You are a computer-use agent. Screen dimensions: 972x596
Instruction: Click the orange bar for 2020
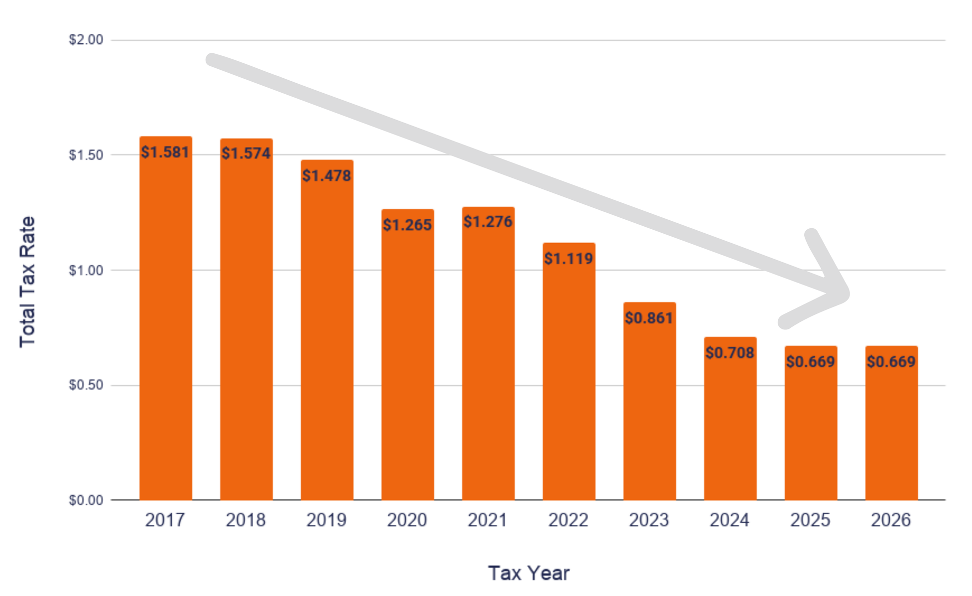pyautogui.click(x=408, y=354)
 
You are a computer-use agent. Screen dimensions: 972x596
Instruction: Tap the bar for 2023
pyautogui.click(x=650, y=401)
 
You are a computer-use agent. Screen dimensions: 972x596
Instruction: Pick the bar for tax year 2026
pyautogui.click(x=891, y=423)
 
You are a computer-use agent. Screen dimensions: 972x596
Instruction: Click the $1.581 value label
pyautogui.click(x=165, y=152)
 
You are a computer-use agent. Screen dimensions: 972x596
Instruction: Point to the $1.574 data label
pyautogui.click(x=246, y=153)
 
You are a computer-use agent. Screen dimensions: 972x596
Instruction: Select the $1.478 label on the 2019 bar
pyautogui.click(x=327, y=175)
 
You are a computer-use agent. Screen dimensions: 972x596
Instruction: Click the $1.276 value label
pyautogui.click(x=488, y=221)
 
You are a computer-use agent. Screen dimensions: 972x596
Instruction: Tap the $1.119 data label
pyautogui.click(x=569, y=258)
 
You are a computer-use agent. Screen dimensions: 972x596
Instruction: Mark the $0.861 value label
pyautogui.click(x=649, y=317)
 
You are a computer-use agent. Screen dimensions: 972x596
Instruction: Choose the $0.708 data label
pyautogui.click(x=730, y=352)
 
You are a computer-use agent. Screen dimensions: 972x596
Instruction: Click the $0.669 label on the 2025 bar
pyautogui.click(x=811, y=361)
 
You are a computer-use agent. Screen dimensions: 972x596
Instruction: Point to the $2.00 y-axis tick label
pyautogui.click(x=86, y=40)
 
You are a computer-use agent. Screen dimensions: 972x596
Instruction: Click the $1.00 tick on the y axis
pyautogui.click(x=86, y=270)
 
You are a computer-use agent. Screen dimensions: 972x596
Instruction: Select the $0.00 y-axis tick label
pyautogui.click(x=86, y=500)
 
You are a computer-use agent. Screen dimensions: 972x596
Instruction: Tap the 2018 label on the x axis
pyautogui.click(x=245, y=520)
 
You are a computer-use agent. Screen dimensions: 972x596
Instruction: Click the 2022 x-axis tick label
pyautogui.click(x=568, y=520)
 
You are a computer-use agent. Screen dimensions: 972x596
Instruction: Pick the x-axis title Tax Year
pyautogui.click(x=529, y=573)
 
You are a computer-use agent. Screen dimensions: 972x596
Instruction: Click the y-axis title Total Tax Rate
pyautogui.click(x=28, y=282)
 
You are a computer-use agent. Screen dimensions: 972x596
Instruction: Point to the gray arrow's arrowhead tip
pyautogui.click(x=846, y=294)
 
